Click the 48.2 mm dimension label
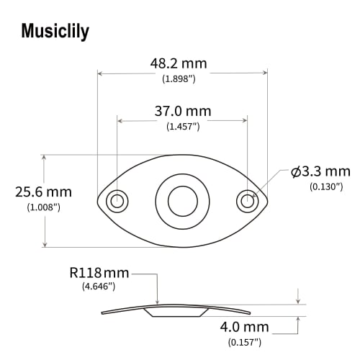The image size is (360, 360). (x=179, y=63)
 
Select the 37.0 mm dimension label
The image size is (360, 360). (x=183, y=111)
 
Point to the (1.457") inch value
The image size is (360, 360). (x=183, y=126)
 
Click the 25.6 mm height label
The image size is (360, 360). (x=43, y=192)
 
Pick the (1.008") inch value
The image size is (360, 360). (x=43, y=207)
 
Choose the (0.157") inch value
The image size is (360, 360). (x=246, y=341)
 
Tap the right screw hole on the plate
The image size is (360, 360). (x=246, y=201)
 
